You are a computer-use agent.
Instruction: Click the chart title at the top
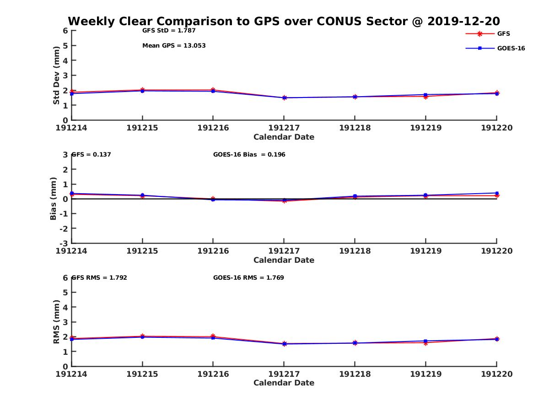point(284,22)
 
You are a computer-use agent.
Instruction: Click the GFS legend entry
point(503,34)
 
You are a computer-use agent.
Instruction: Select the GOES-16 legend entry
point(511,49)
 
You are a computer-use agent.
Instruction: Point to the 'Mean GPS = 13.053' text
point(174,46)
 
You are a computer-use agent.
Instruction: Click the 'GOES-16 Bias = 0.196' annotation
point(249,155)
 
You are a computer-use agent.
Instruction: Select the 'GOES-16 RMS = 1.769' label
point(248,277)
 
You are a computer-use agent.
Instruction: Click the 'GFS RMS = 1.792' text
point(100,277)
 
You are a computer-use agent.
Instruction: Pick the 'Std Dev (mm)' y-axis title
point(56,76)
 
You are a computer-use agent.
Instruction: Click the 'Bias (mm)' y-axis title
point(54,199)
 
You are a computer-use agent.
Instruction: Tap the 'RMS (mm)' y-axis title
point(56,322)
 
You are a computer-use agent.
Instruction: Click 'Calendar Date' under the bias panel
point(284,260)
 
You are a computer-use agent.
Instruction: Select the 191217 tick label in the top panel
point(284,128)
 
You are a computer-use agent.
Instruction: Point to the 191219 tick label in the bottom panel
point(425,374)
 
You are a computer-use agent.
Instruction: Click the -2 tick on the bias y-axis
point(65,228)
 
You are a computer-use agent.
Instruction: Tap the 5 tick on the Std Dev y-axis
point(65,46)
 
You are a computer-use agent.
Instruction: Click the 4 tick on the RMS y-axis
point(65,307)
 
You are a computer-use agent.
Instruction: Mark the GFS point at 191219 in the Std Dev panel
point(425,97)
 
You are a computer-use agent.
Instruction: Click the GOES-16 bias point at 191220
point(496,193)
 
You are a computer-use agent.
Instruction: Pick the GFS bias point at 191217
point(284,201)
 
